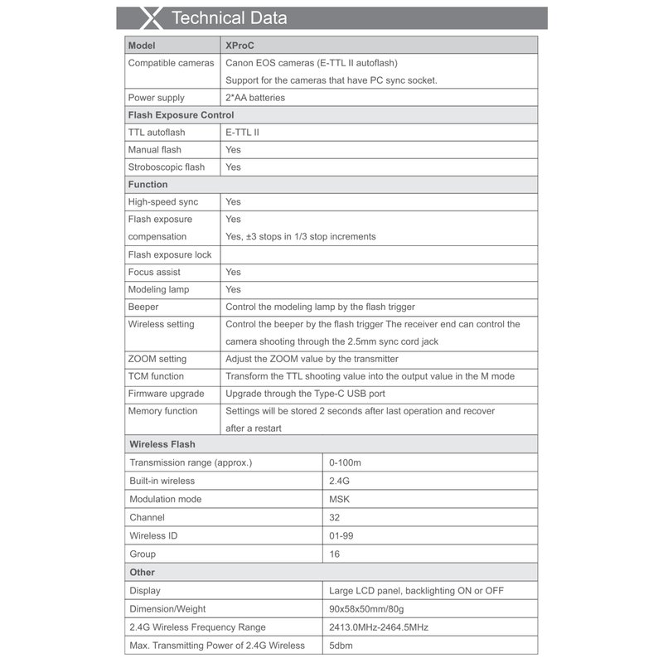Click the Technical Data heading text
pos(229,18)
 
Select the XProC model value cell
pos(240,46)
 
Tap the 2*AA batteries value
pos(255,98)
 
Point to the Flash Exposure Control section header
pos(181,115)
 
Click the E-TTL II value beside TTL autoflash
pos(242,133)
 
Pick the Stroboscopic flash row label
pos(166,167)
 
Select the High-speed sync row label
pos(162,202)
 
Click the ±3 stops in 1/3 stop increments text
pos(300,237)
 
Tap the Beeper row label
pos(143,307)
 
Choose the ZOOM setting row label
pos(157,359)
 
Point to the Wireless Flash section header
pos(162,444)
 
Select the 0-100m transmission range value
pos(346,462)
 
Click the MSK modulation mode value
pos(340,499)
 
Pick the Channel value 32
pos(335,517)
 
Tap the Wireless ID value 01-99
pos(341,535)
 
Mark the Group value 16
pos(335,554)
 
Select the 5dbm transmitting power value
pos(341,646)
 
